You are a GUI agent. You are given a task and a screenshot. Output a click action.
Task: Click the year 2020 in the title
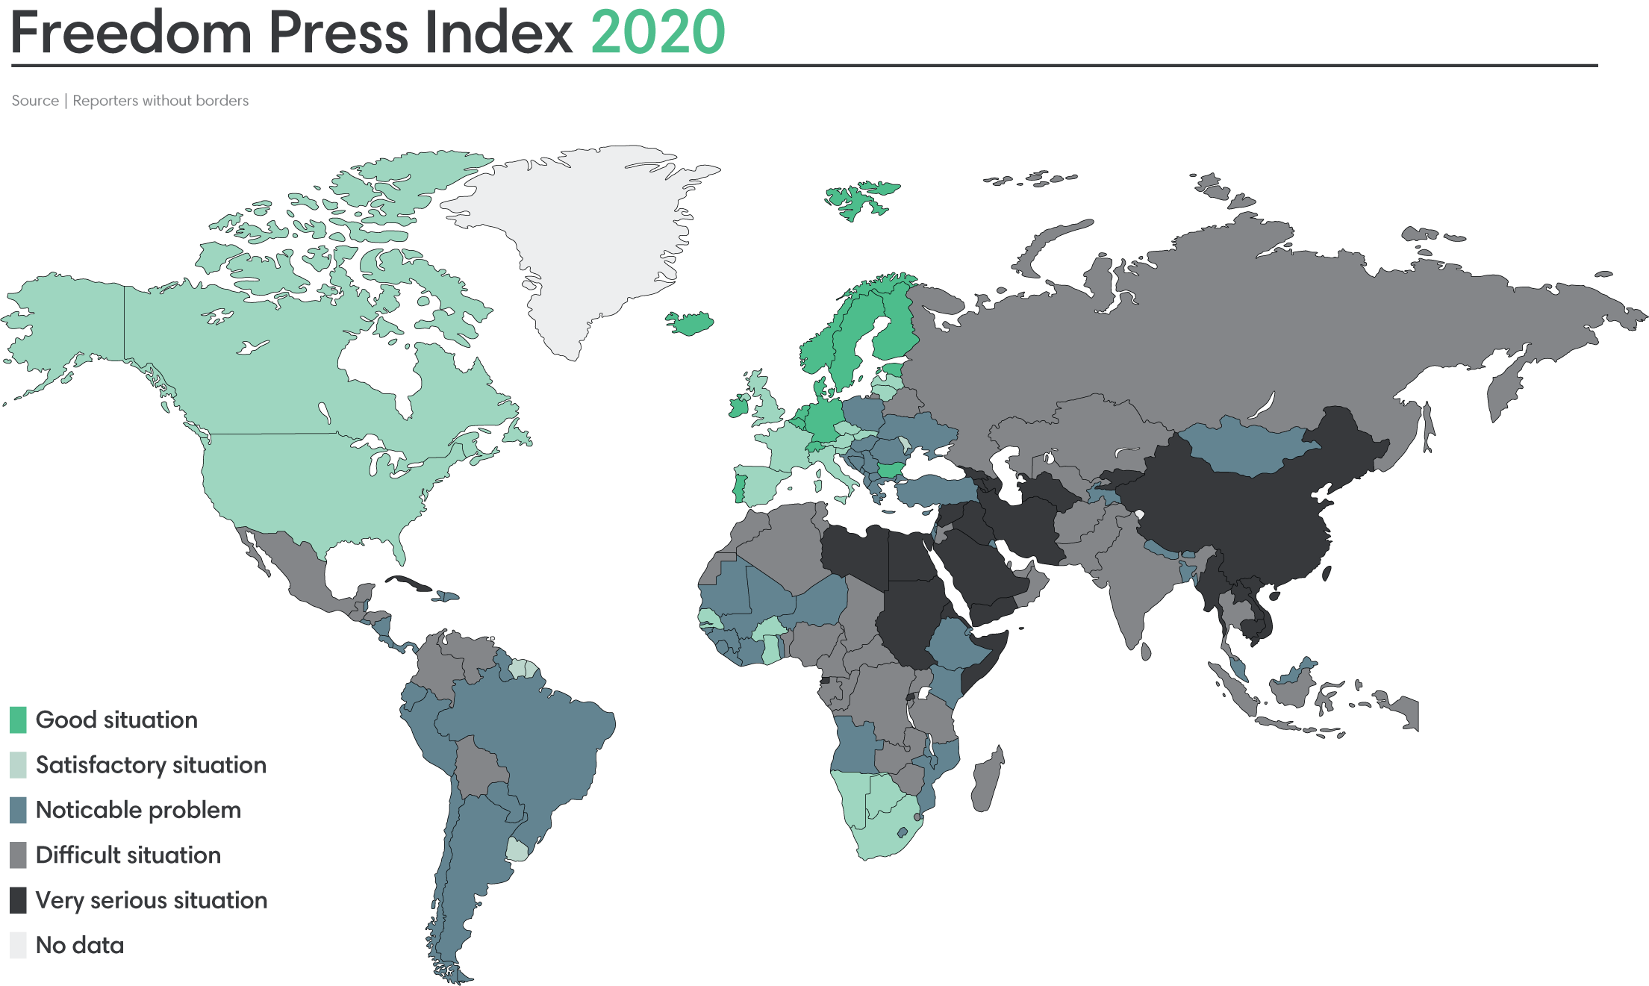point(658,33)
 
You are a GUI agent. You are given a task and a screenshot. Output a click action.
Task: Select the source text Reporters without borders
point(160,101)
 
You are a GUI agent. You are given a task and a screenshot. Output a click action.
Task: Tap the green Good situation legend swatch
point(19,720)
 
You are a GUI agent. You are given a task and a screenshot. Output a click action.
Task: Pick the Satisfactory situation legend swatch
point(19,765)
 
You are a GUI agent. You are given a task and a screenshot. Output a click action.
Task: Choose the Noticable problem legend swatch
point(19,810)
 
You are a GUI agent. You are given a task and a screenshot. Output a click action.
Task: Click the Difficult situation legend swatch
point(19,855)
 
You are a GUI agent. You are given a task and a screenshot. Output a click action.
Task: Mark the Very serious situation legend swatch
point(19,900)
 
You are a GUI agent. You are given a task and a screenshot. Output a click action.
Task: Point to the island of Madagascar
point(987,780)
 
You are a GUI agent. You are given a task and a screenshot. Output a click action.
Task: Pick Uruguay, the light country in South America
point(517,849)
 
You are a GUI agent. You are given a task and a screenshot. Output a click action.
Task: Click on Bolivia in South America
point(478,769)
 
